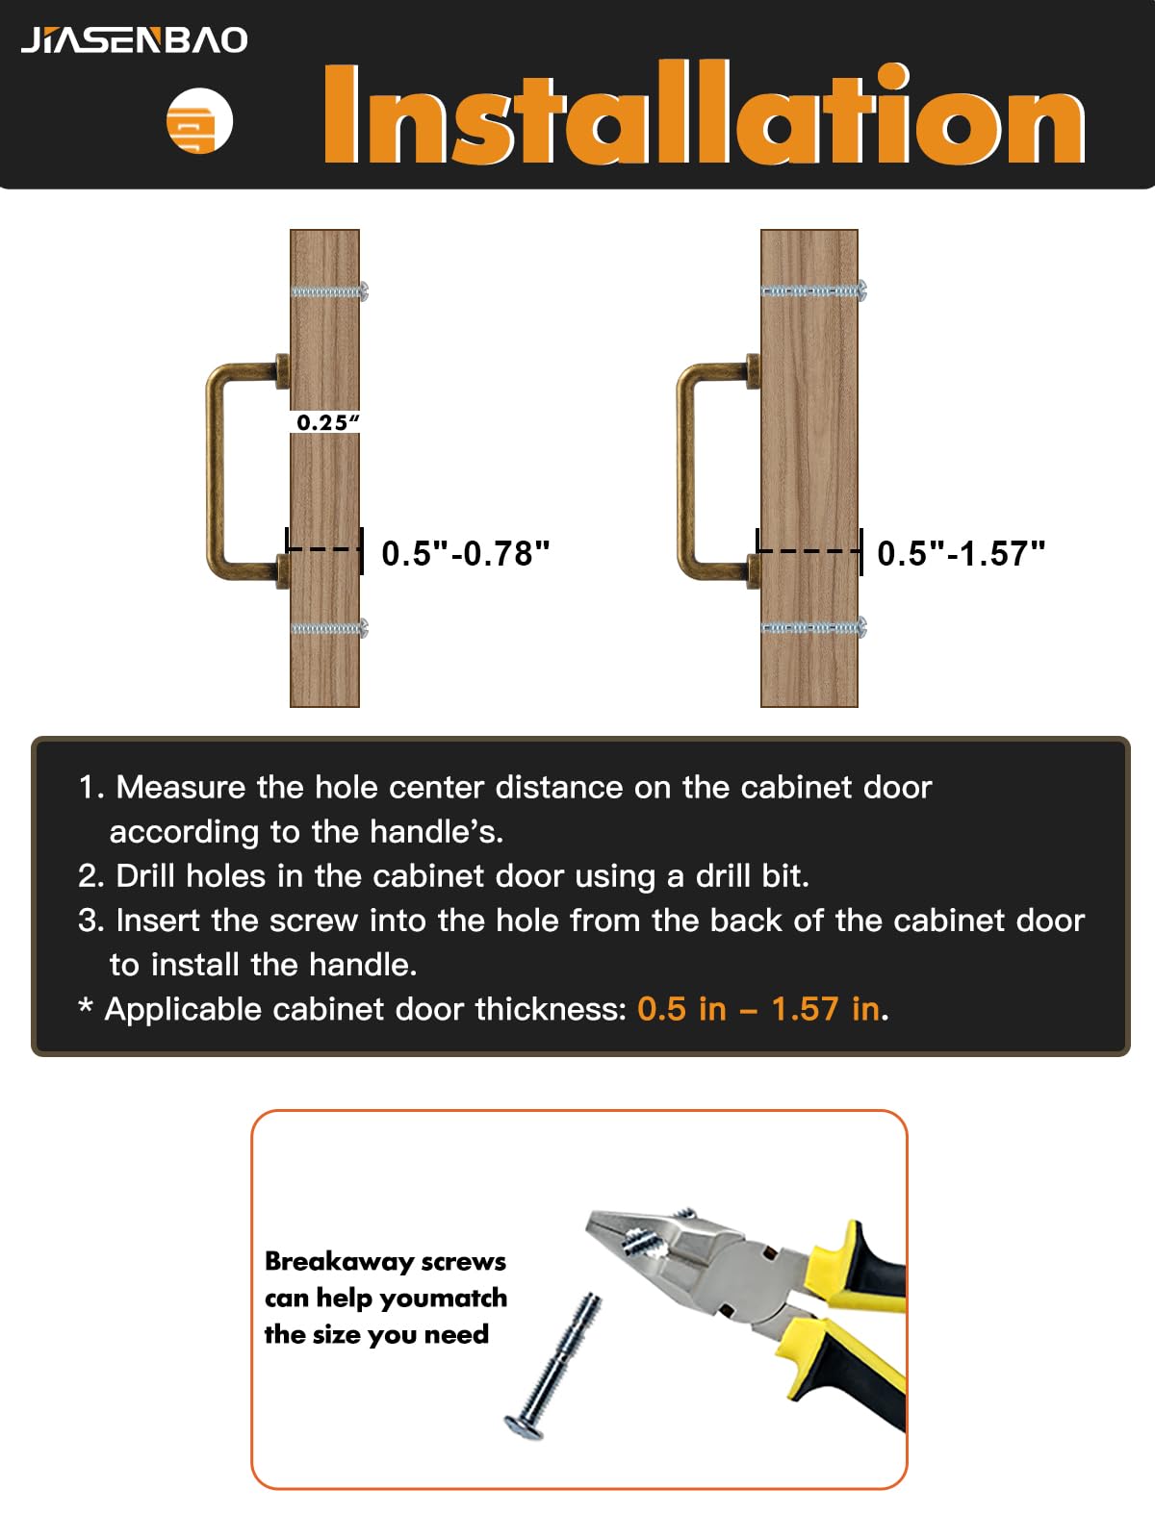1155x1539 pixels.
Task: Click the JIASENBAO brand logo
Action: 134,40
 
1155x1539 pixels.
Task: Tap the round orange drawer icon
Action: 199,120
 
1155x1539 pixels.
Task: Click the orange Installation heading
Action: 705,114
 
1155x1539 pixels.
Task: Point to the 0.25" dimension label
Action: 327,422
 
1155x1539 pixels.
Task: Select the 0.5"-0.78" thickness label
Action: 466,553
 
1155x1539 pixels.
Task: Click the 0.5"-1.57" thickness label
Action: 962,553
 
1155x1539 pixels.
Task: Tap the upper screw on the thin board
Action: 329,291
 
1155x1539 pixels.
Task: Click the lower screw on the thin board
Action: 329,628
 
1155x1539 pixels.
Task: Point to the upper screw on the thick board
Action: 814,290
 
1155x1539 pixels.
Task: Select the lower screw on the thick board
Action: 814,627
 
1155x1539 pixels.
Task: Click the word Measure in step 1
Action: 180,788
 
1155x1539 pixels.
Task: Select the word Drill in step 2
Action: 145,875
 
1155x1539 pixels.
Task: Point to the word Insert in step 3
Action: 158,920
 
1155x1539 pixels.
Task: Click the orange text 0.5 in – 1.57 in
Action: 758,1009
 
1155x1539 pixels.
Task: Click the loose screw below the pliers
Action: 552,1366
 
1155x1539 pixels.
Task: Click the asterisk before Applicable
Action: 85,1006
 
